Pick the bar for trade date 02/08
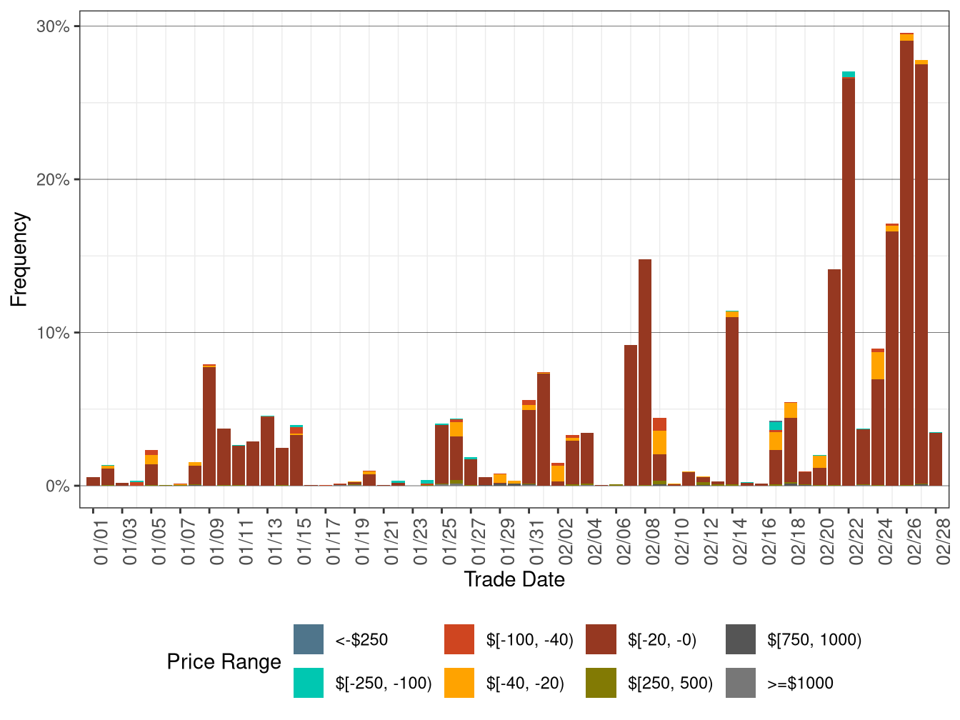coord(645,371)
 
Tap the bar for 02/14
coord(732,400)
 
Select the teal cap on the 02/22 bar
coord(849,74)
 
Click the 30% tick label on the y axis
coord(53,26)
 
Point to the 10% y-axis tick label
coord(53,333)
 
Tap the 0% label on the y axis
coord(57,486)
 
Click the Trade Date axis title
coord(514,579)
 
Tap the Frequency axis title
coord(19,259)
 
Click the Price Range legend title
coord(224,661)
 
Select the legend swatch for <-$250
coord(309,639)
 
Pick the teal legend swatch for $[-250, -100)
coord(309,683)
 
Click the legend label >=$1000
coord(800,683)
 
